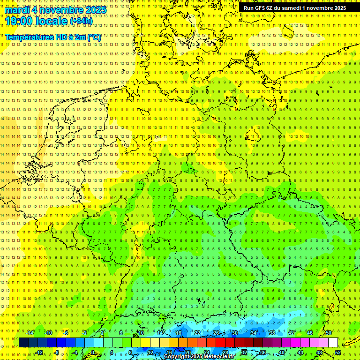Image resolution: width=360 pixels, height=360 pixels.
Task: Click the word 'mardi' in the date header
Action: click(x=17, y=10)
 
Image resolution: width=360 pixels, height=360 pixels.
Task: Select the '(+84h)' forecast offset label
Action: click(x=81, y=21)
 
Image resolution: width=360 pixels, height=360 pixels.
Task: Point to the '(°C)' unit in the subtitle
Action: click(x=94, y=37)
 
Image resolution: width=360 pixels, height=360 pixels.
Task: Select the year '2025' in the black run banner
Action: click(x=339, y=8)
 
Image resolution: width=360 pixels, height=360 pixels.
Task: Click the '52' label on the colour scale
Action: click(x=338, y=352)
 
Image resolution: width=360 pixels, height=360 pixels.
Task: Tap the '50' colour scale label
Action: click(x=329, y=333)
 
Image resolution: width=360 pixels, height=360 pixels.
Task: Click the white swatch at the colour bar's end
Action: click(x=333, y=343)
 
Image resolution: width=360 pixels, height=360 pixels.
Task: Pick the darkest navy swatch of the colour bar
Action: click(x=23, y=343)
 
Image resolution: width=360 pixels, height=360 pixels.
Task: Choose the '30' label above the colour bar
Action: click(x=234, y=333)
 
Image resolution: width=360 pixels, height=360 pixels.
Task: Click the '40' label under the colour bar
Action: click(x=281, y=352)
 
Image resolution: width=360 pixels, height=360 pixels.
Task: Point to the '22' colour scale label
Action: click(x=197, y=333)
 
